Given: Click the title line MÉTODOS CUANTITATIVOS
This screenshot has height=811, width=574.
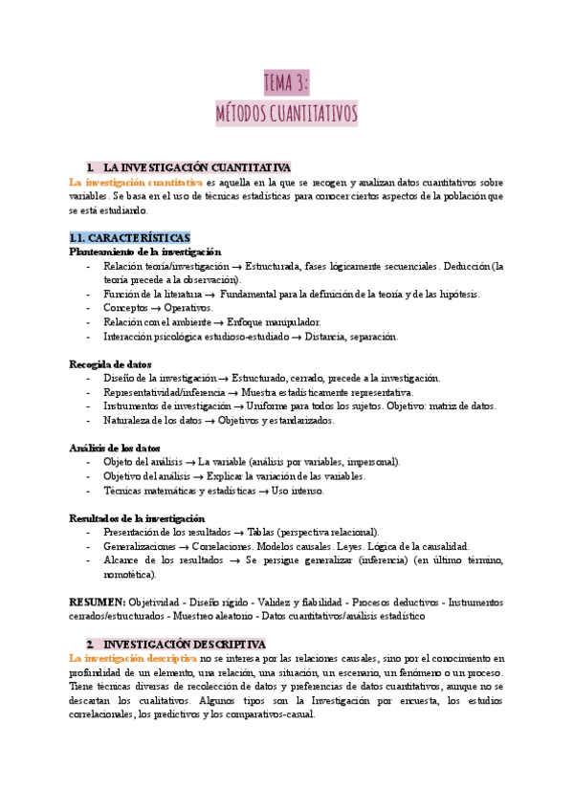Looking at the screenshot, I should (287, 115).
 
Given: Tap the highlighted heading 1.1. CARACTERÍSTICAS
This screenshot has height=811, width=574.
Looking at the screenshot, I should (129, 237).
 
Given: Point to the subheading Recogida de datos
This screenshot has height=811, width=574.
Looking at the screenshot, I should (110, 364).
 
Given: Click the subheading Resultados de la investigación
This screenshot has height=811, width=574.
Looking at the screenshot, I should (137, 517).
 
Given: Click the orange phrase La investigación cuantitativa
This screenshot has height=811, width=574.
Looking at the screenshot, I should (136, 182).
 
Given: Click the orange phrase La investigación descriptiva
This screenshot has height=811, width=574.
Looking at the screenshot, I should (132, 659).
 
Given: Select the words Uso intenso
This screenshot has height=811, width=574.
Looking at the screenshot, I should (298, 491).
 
